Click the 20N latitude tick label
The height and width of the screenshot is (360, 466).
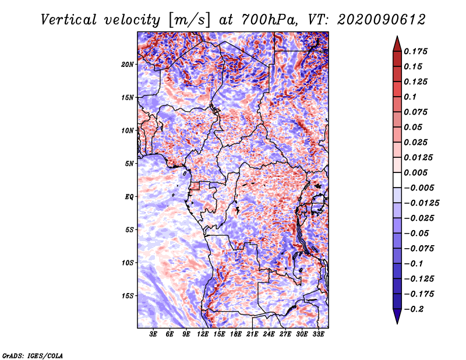[128, 65]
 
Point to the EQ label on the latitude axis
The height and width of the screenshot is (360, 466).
[129, 197]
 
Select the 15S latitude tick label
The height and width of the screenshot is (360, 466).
[128, 296]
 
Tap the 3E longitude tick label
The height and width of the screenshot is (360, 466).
[153, 334]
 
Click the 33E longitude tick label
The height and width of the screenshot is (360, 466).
[318, 334]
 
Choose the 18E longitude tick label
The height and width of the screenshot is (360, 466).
[236, 334]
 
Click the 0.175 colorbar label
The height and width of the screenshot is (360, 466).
[415, 51]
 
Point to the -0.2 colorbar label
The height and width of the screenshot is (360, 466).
[414, 309]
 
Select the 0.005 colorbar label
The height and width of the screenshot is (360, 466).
[415, 172]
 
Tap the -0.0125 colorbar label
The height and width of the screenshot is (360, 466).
[422, 203]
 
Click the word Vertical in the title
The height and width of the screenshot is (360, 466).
[69, 20]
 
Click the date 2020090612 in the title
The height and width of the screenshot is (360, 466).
[382, 20]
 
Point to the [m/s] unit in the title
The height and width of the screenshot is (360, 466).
[189, 20]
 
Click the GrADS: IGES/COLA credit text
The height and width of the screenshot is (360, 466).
[33, 356]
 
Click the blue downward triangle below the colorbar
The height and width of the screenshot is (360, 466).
[397, 315]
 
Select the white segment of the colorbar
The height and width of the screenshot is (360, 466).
[397, 180]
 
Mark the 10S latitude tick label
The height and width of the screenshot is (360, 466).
[128, 263]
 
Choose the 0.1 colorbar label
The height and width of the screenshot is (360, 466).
[411, 97]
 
